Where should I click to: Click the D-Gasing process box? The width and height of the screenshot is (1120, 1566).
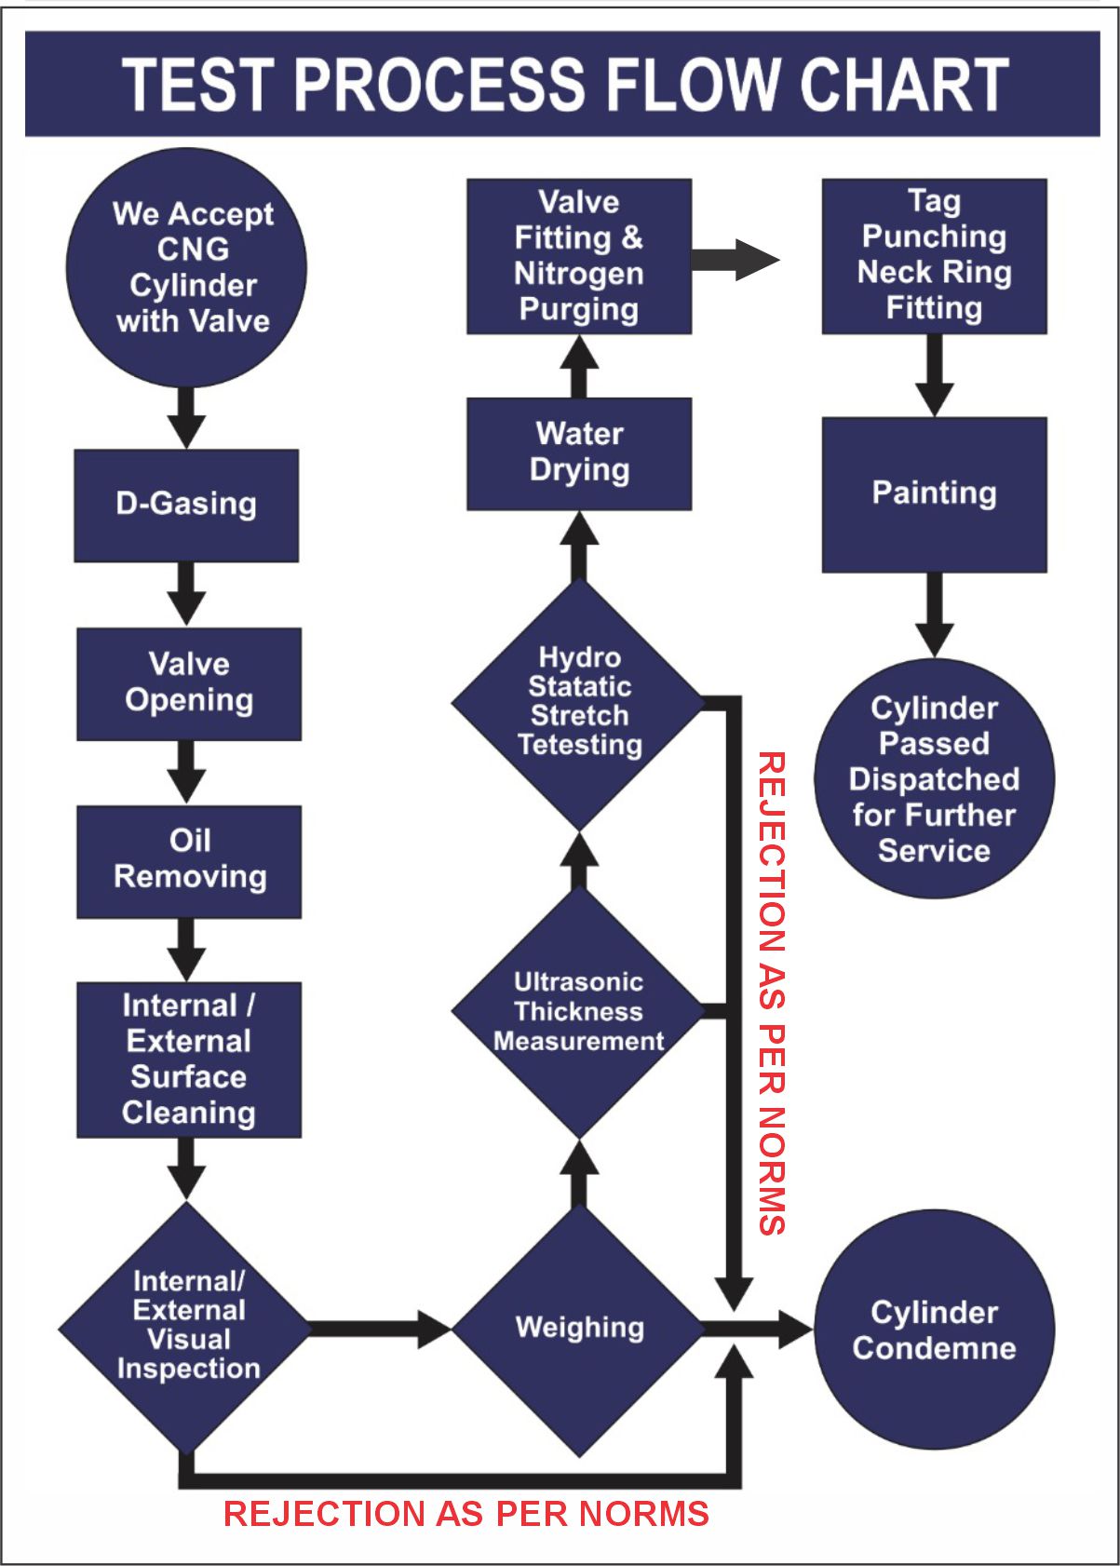tap(186, 506)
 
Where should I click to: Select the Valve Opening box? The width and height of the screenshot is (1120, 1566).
tap(189, 684)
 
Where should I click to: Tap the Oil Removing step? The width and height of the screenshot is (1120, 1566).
tap(189, 861)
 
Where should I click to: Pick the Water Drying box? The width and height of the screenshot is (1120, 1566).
tap(579, 453)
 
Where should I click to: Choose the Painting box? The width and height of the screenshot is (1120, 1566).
tap(934, 494)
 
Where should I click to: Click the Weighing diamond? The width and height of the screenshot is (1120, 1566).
tap(579, 1329)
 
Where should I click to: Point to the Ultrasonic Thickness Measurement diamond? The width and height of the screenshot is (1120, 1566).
tap(579, 1012)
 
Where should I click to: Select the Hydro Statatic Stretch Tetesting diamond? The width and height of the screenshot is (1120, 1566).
tap(579, 703)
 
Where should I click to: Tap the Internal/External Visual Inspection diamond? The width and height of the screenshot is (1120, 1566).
tap(187, 1327)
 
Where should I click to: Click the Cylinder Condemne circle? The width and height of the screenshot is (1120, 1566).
tap(934, 1330)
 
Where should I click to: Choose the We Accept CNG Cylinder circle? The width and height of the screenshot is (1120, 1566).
tap(187, 268)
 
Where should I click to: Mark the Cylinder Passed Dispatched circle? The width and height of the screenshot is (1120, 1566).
tap(934, 779)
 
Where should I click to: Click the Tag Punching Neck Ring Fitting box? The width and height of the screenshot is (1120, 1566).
tap(934, 256)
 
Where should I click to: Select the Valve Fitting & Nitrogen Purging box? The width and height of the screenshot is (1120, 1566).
tap(579, 256)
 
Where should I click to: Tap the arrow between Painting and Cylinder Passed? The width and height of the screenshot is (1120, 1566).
tap(934, 614)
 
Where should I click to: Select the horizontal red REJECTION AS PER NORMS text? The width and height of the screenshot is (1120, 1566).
tap(466, 1514)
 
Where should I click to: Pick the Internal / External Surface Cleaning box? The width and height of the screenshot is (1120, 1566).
tap(189, 1060)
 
